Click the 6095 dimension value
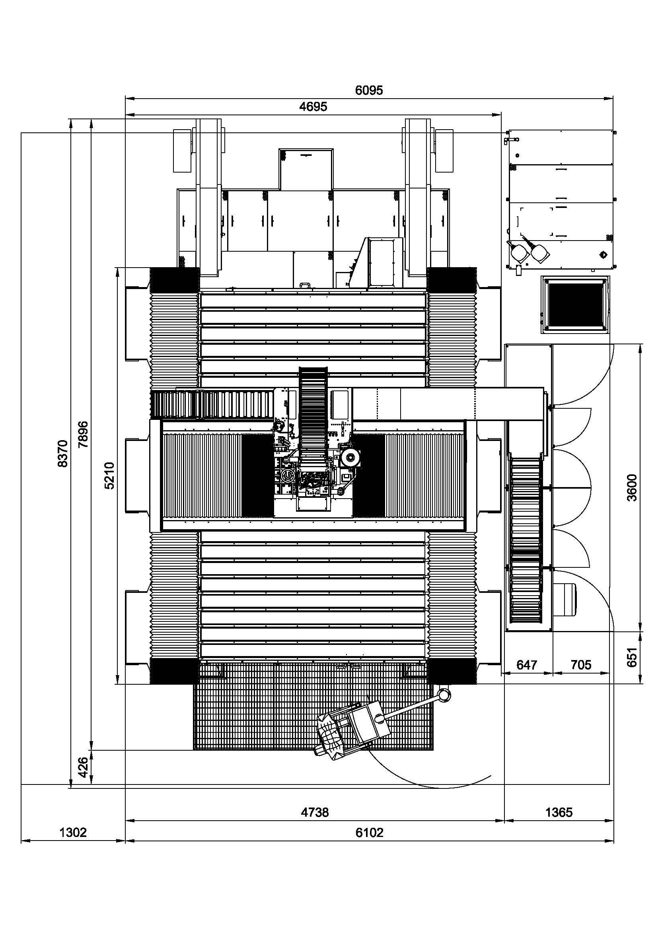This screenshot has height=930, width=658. (369, 90)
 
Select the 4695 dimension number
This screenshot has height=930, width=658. (313, 107)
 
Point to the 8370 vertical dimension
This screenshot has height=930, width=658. (63, 453)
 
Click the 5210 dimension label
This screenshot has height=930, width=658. (110, 476)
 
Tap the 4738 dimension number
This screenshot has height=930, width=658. (315, 812)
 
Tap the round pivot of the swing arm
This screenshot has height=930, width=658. (444, 694)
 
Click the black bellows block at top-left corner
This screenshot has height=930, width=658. (175, 280)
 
